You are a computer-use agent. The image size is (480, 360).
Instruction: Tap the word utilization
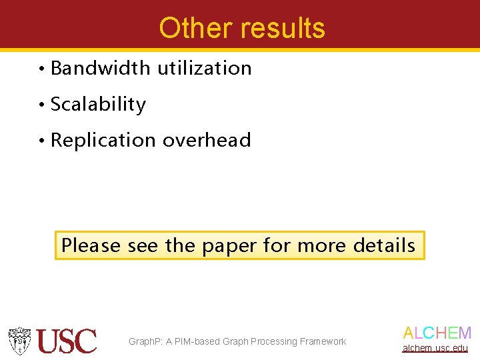tap(205, 68)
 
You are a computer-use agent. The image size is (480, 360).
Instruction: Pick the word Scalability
tap(98, 105)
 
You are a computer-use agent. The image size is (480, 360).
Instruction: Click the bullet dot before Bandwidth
tap(41, 69)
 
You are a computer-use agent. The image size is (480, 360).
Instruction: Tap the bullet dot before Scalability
tap(41, 105)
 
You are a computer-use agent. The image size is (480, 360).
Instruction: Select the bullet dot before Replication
tap(41, 141)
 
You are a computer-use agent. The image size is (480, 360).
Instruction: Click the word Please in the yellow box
tap(91, 245)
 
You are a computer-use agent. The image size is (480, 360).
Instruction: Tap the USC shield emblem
tap(20, 341)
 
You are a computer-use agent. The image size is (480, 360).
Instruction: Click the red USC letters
tap(67, 341)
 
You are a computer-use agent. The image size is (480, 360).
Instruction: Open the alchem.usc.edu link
tap(435, 348)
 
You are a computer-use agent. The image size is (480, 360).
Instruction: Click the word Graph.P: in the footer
tap(145, 342)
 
